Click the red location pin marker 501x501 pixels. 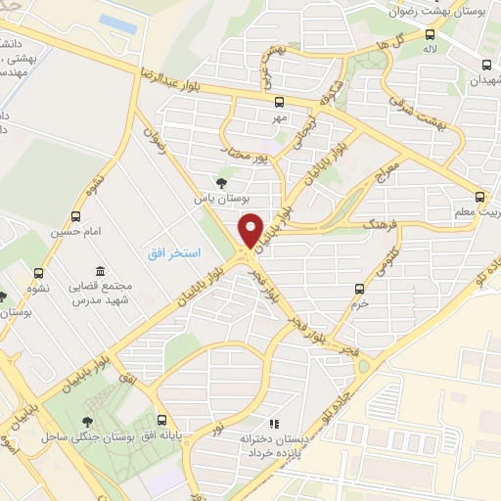[250, 231]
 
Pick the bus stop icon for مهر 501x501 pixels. [280, 101]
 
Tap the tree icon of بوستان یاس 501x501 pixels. [222, 181]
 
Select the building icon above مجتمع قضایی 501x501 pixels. [99, 270]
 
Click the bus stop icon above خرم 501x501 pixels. [359, 288]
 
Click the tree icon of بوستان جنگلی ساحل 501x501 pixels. [79, 418]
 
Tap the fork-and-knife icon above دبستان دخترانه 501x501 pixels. [274, 424]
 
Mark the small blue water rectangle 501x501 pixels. [117, 21]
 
